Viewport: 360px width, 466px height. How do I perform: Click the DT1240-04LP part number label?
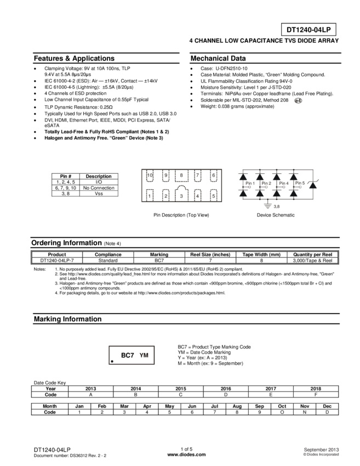click(x=308, y=30)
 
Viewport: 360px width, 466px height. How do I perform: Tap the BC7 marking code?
click(x=127, y=355)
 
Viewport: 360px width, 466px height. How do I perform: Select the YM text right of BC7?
click(x=145, y=355)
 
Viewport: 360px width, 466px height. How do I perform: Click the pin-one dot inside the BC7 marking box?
click(x=112, y=361)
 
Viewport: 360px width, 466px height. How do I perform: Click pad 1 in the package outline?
click(x=150, y=195)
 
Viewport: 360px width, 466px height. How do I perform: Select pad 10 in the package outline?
click(x=150, y=176)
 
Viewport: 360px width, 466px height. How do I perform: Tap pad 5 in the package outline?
click(x=213, y=195)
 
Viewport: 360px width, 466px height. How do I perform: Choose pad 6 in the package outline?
click(x=213, y=176)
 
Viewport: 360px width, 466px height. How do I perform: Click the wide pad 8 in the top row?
click(x=181, y=176)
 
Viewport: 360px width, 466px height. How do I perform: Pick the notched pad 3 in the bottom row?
click(x=181, y=195)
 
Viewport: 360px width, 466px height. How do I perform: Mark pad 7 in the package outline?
click(x=197, y=176)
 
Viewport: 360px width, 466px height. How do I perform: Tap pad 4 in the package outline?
click(x=197, y=195)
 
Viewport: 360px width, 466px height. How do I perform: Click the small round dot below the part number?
click(x=299, y=101)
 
